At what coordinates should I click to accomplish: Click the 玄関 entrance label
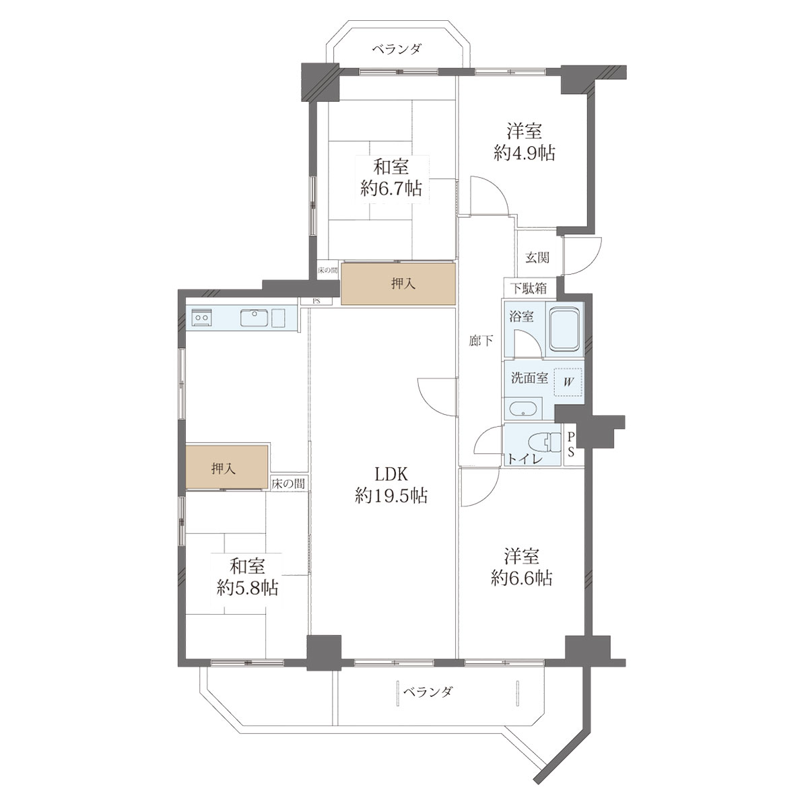pyautogui.click(x=537, y=257)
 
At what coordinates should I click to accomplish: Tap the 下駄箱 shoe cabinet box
pyautogui.click(x=529, y=288)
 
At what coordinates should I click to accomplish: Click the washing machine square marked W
pyautogui.click(x=568, y=382)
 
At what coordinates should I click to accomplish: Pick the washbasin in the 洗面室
pyautogui.click(x=523, y=409)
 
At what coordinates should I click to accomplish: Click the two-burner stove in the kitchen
pyautogui.click(x=201, y=317)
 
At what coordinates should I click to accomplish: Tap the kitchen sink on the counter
pyautogui.click(x=254, y=317)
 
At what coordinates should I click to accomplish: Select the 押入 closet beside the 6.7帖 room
pyautogui.click(x=399, y=283)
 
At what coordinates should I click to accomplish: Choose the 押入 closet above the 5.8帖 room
pyautogui.click(x=227, y=467)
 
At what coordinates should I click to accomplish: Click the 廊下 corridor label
pyautogui.click(x=481, y=341)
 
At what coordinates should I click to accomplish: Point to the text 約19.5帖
pyautogui.click(x=391, y=496)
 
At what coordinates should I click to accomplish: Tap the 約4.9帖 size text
pyautogui.click(x=524, y=153)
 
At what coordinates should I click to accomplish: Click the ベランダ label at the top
pyautogui.click(x=396, y=49)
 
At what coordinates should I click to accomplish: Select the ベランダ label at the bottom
pyautogui.click(x=428, y=692)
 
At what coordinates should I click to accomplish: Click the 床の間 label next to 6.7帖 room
pyautogui.click(x=327, y=270)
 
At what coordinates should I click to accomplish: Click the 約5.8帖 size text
pyautogui.click(x=247, y=588)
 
